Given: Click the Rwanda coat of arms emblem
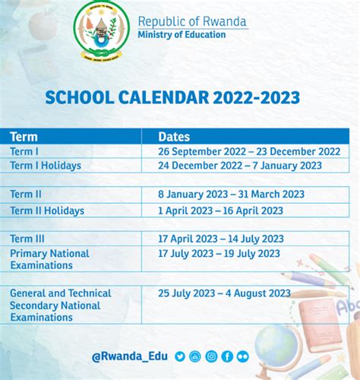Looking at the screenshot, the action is [102, 30].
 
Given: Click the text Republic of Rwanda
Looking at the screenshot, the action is [192, 21].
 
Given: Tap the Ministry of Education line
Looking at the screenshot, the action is [182, 35].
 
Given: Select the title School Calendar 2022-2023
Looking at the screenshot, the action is [172, 98].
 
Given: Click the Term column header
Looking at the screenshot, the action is [24, 137].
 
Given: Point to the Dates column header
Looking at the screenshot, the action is [174, 137].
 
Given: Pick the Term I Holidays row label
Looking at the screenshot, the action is [46, 166].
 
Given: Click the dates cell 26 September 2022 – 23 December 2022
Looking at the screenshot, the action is [249, 151].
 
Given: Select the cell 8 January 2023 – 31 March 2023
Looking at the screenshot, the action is [231, 195].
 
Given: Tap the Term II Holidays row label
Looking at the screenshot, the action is [47, 211].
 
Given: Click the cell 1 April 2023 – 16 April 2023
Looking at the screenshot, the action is [220, 211].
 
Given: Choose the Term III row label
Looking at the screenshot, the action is [27, 239].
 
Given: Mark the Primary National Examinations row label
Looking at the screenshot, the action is [49, 259].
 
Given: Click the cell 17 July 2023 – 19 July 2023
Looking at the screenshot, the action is [219, 254].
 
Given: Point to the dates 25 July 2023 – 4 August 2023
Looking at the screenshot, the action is [224, 293].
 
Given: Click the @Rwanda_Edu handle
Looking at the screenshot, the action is [130, 356].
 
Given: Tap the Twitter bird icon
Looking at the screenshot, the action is [180, 356].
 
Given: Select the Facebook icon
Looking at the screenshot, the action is [227, 356].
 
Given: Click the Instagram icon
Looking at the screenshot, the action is [211, 356].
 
